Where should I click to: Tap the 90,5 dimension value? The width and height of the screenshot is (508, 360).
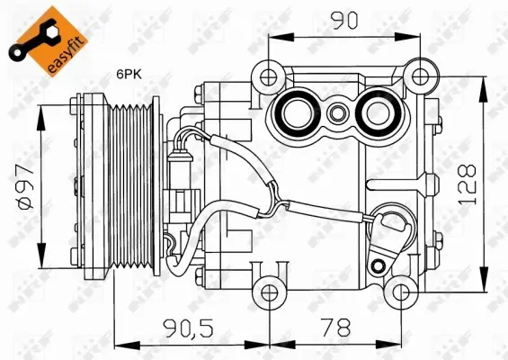coord(191,328)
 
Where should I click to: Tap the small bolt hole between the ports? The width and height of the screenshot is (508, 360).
coord(335,114)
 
